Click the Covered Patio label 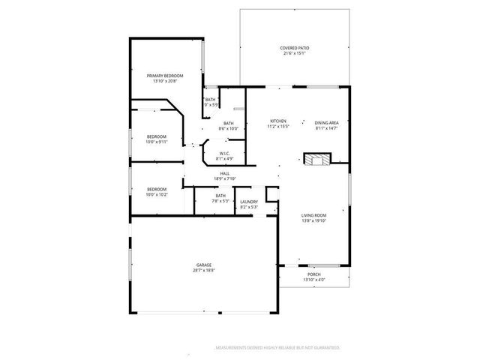point(295,48)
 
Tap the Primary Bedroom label point(165,76)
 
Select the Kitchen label point(279,121)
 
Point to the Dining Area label point(327,122)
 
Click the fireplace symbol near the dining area point(316,158)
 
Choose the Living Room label point(314,215)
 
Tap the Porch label point(314,274)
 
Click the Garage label point(204,265)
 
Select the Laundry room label point(249,201)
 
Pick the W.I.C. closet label point(225,154)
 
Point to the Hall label point(225,173)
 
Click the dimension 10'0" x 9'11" point(157,142)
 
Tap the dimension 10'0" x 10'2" point(157,194)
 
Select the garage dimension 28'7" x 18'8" point(204,270)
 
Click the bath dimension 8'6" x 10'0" point(228,129)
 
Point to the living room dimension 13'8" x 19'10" point(314,221)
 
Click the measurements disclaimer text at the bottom point(277,348)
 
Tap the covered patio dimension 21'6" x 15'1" point(295,53)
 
